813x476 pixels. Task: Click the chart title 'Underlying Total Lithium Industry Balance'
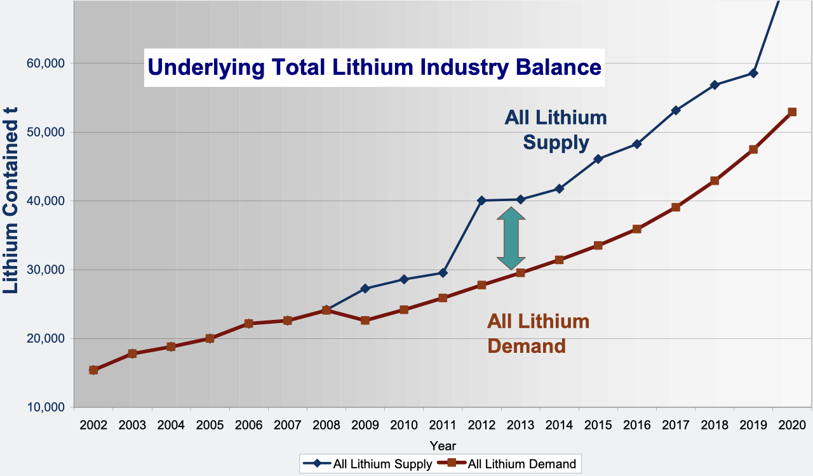pos(374,67)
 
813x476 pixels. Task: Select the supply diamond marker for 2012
pos(481,201)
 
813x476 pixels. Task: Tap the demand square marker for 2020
pos(791,112)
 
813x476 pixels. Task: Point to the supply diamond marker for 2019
pos(753,73)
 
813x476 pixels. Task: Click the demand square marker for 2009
pos(365,321)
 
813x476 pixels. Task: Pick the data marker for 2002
pos(93,370)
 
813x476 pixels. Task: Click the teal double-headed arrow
pos(511,239)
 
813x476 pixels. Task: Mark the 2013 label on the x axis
pos(520,425)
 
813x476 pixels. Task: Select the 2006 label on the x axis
pos(248,425)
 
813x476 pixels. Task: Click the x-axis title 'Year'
pos(442,446)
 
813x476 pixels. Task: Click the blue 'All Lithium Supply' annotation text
pos(556,130)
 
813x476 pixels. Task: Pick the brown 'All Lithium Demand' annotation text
pos(538,333)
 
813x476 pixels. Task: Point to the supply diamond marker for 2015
pos(598,159)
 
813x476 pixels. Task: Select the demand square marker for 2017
pos(676,207)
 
